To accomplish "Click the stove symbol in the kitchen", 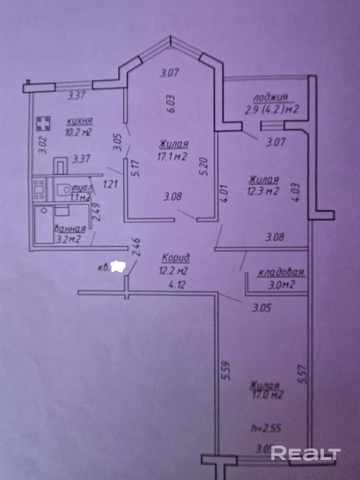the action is pos(43,124).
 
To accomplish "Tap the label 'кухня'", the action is pos(80,121).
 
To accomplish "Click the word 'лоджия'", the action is pos(270,97).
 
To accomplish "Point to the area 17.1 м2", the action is pos(172,156).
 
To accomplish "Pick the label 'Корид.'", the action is pos(176,258).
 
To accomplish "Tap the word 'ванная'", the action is pos(70,228).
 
